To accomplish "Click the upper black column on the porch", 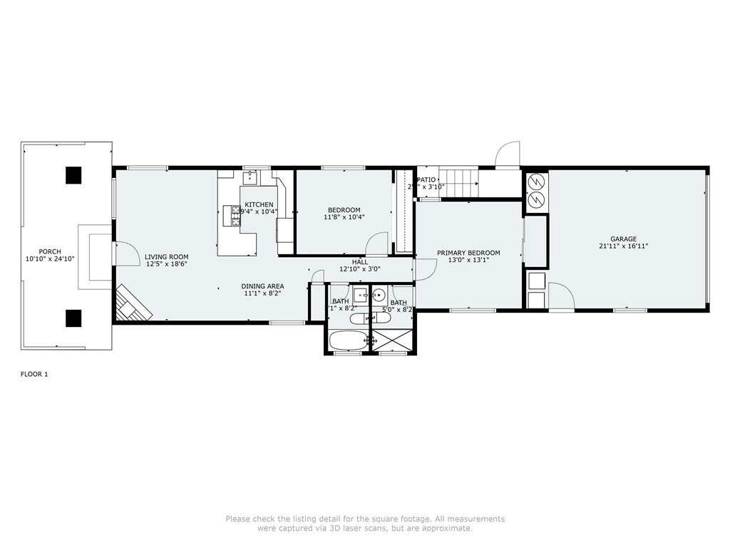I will (73, 174).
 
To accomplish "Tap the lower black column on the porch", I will (73, 318).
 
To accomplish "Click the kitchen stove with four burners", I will (232, 215).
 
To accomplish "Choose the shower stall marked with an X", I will (393, 340).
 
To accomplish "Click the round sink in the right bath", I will (379, 294).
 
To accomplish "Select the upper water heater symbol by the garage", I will (536, 181).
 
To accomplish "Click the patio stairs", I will (457, 183).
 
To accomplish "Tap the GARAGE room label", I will (623, 239).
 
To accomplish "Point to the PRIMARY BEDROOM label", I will (468, 253).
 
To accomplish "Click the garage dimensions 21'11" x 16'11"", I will (623, 246).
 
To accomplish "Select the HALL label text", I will (360, 262).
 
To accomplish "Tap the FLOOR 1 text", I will (34, 374).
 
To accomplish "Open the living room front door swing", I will (125, 253).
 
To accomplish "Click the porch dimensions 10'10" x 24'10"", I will (50, 259).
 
